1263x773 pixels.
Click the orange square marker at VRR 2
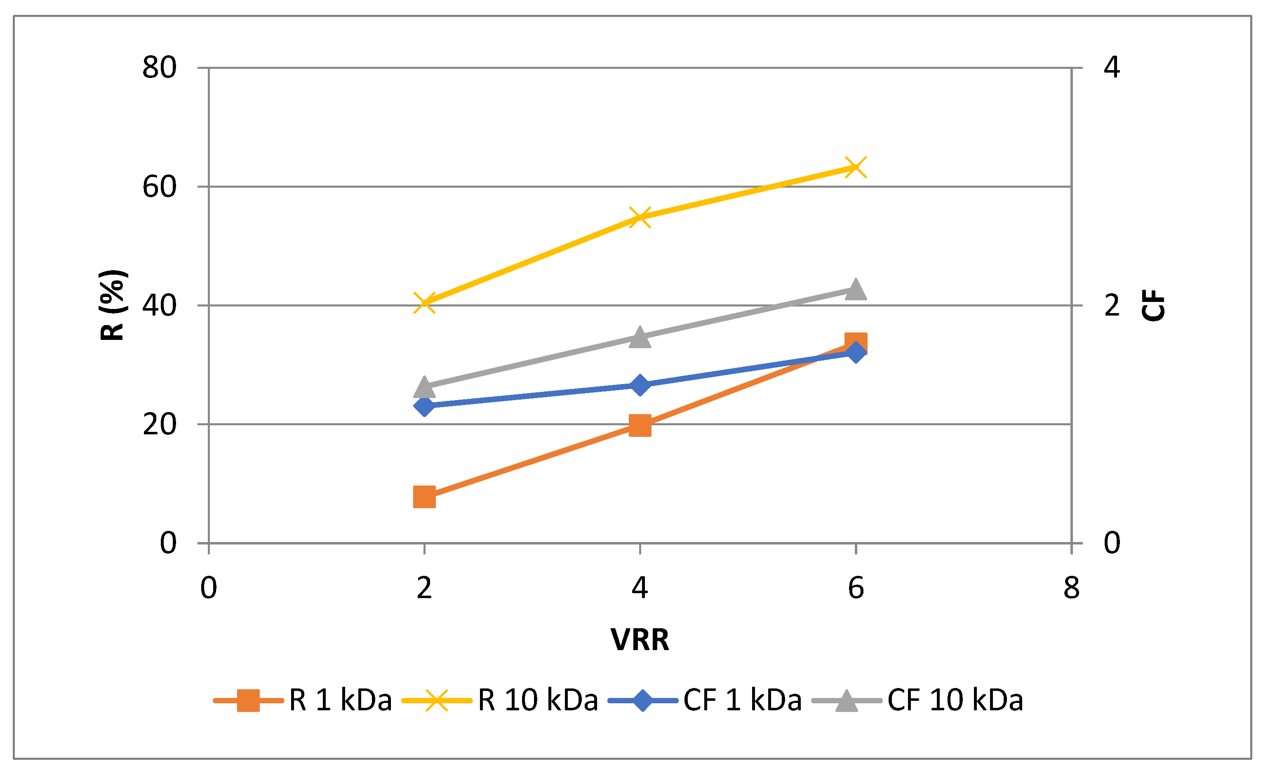[424, 497]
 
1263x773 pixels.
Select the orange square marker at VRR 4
[640, 425]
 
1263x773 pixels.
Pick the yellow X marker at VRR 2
[424, 302]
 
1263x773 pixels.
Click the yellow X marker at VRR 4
[640, 217]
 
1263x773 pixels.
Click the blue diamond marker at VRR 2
[424, 406]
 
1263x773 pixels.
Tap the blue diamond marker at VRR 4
[640, 385]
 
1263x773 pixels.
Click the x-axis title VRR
[640, 640]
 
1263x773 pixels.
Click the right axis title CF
[1153, 306]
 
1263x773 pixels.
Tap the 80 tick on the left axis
[160, 67]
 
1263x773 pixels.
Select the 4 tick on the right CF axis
[1112, 67]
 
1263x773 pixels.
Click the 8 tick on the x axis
[1071, 588]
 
